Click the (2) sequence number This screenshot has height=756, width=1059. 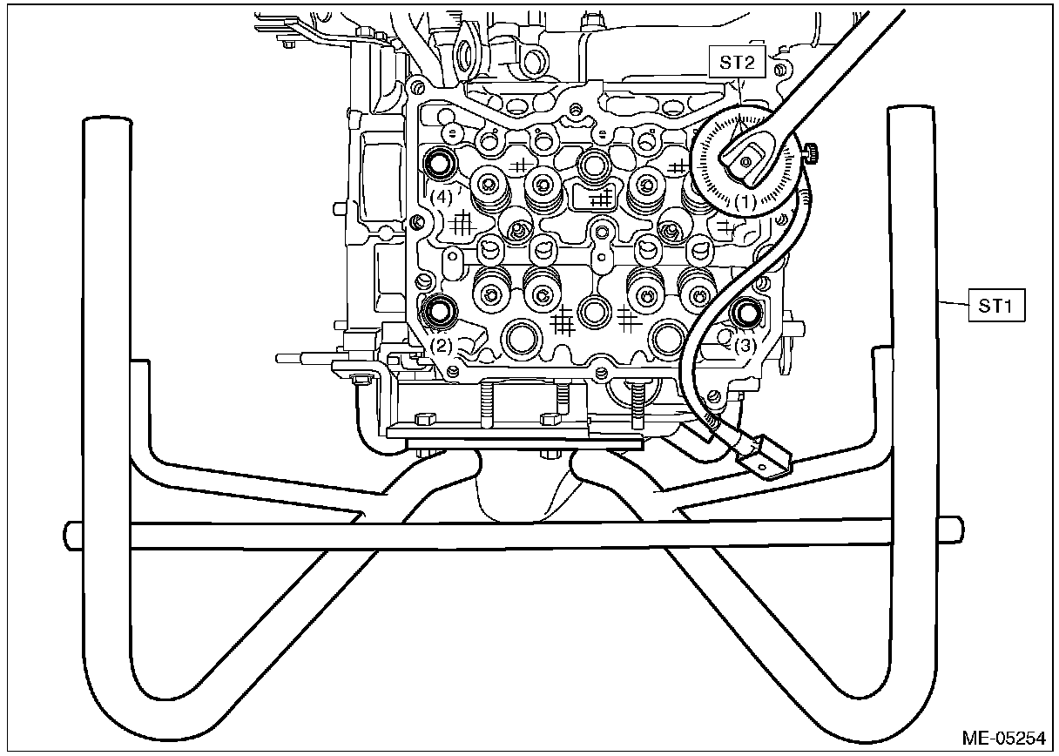(442, 346)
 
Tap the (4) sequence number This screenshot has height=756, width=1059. (442, 197)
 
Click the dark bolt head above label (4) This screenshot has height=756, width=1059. (441, 163)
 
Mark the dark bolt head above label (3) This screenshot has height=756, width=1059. (745, 313)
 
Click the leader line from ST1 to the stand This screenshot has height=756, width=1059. (955, 302)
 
